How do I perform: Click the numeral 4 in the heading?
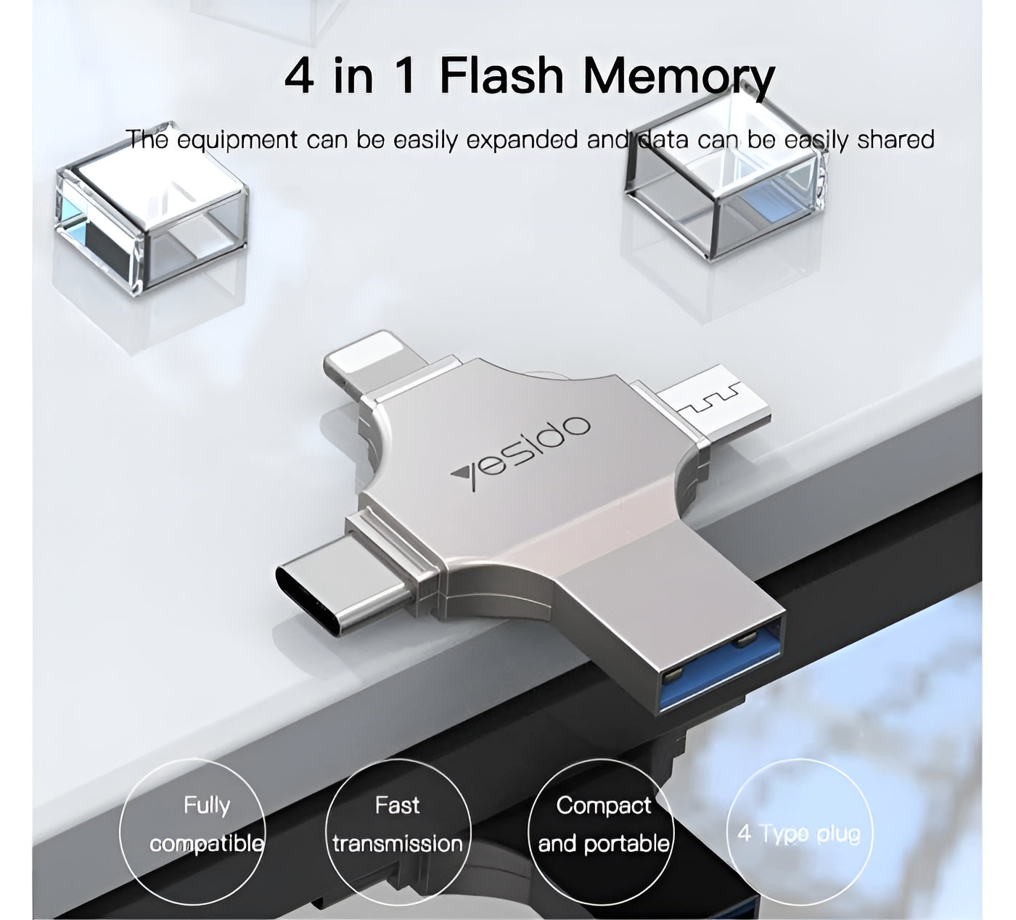[x=300, y=75]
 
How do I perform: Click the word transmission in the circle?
[x=397, y=844]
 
